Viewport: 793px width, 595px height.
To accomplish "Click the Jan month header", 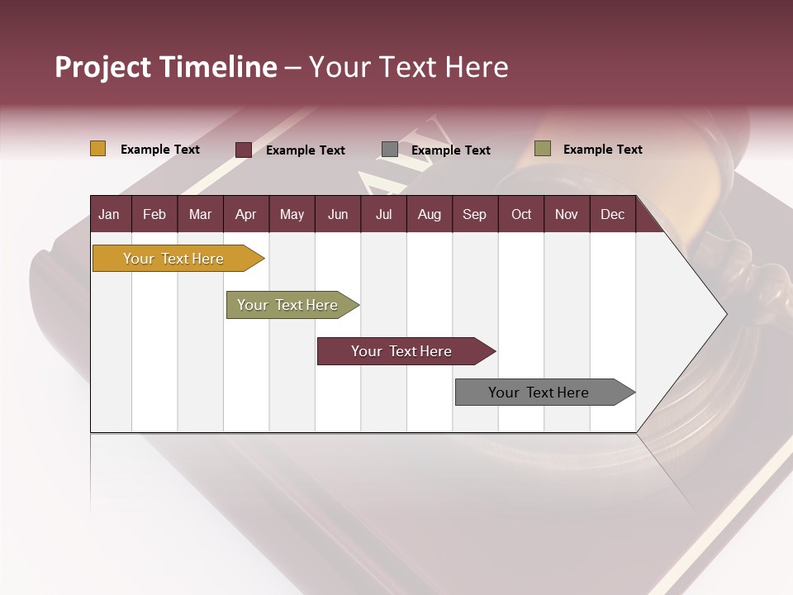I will [x=109, y=215].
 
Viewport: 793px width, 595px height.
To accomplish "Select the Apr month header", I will [x=245, y=215].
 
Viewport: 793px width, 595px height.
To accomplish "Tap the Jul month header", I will [x=383, y=215].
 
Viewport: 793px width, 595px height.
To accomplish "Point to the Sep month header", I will [x=474, y=215].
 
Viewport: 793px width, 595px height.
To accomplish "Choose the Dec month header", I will [x=612, y=215].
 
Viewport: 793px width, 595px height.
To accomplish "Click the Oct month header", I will [x=521, y=215].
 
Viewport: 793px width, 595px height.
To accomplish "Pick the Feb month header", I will [x=154, y=215].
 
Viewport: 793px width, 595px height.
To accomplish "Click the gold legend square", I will [x=98, y=149].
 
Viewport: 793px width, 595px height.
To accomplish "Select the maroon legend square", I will [x=244, y=150].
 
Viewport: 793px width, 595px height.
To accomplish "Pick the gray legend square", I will [x=390, y=150].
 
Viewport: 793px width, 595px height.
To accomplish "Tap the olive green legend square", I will [x=543, y=149].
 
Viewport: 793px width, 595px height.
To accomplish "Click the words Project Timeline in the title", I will [x=166, y=67].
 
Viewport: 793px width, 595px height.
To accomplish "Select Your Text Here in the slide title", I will [x=408, y=67].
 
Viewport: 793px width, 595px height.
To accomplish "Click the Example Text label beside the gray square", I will [x=451, y=150].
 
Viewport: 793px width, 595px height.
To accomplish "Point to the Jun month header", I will [x=338, y=215].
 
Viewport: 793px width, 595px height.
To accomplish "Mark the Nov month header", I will [x=567, y=215].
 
